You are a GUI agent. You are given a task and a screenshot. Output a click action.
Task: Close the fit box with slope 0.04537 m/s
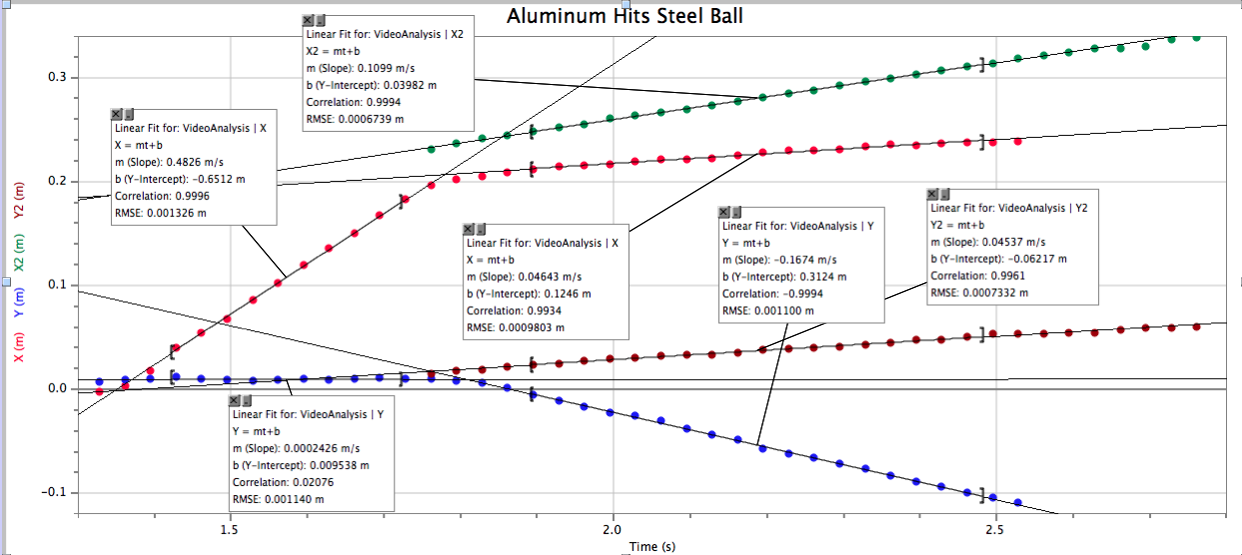click(932, 194)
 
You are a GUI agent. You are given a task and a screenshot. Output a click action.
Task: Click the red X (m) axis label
click(18, 345)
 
